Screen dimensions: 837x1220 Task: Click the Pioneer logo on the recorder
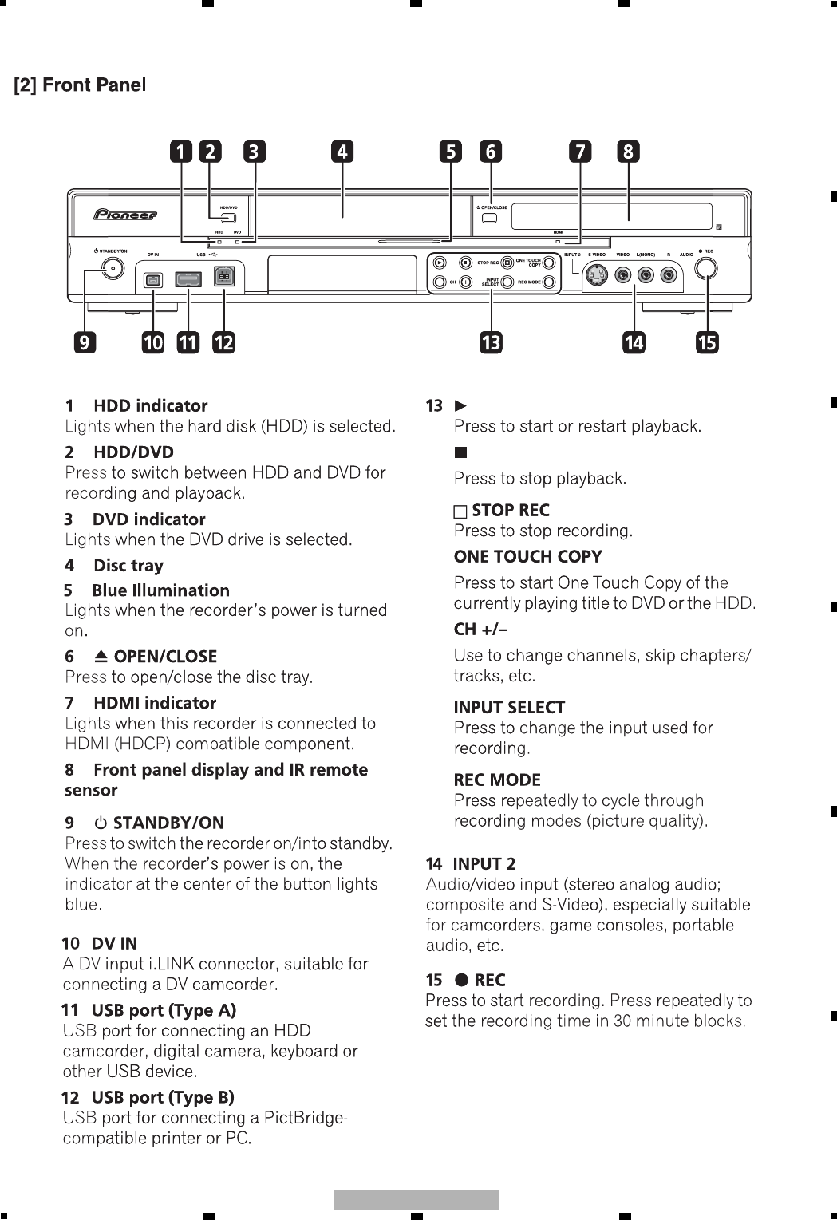125,215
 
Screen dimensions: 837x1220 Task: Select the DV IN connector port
153,280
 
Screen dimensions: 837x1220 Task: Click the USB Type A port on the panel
188,280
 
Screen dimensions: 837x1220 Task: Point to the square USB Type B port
224,280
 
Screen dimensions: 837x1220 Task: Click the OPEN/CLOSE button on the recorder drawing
490,218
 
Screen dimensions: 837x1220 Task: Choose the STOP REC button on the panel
507,262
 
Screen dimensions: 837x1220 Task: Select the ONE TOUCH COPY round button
549,262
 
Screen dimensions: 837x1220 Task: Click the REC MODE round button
549,282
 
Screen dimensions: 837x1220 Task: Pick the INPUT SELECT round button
507,282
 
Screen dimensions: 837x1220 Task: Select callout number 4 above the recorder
342,152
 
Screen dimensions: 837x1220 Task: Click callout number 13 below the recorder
491,343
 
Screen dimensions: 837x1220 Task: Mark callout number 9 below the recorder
84,343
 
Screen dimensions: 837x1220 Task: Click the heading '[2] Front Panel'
80,85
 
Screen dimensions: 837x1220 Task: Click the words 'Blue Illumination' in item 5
160,590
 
